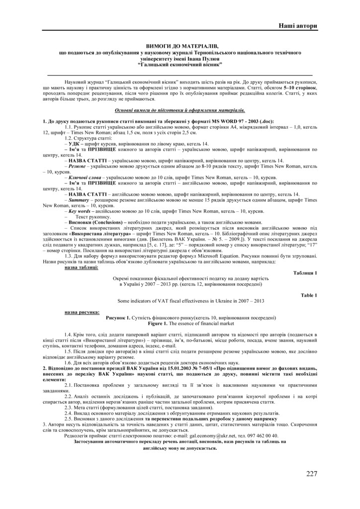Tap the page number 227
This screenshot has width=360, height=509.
click(x=311, y=473)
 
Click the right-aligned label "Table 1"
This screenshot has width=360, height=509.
click(x=308, y=295)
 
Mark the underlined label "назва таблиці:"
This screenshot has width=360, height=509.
click(x=82, y=267)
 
